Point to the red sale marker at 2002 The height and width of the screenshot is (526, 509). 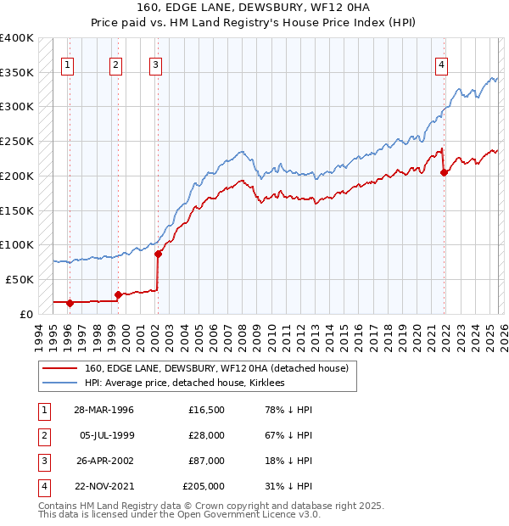pyautogui.click(x=158, y=253)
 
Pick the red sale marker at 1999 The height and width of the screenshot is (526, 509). pyautogui.click(x=118, y=294)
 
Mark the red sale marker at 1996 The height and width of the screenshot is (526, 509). pyautogui.click(x=70, y=302)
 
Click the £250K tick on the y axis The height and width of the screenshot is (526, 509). pyautogui.click(x=17, y=141)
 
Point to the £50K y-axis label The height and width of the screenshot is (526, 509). pyautogui.click(x=20, y=279)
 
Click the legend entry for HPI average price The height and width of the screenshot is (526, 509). pyautogui.click(x=184, y=383)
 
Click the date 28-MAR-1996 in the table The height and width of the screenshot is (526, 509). pyautogui.click(x=103, y=410)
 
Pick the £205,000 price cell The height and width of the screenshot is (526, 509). pyautogui.click(x=204, y=486)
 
